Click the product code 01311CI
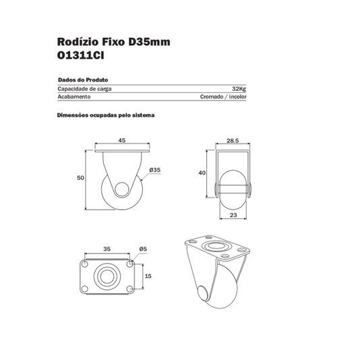[x=80, y=55]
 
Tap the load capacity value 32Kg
[x=239, y=89]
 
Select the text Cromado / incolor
[x=223, y=96]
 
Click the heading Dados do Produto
[x=83, y=80]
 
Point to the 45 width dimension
[x=122, y=140]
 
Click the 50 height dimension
[x=80, y=178]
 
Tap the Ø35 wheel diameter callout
[x=155, y=170]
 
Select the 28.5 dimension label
[x=233, y=141]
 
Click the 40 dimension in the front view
[x=202, y=173]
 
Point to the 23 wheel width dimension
[x=233, y=215]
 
